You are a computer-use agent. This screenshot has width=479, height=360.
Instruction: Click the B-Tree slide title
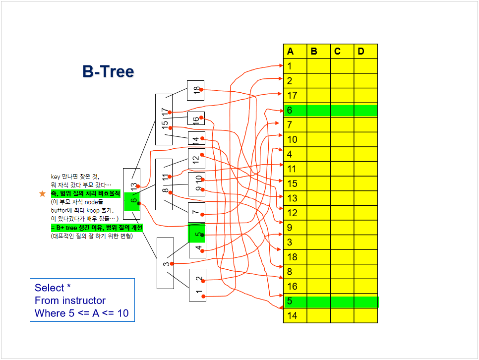[x=108, y=72]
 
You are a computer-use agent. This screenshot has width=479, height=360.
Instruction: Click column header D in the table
[x=360, y=51]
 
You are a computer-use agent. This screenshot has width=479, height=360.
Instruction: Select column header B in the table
[x=314, y=51]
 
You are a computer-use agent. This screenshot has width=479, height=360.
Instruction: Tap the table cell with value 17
[x=295, y=95]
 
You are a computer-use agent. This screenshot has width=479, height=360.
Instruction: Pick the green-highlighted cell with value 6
[x=295, y=110]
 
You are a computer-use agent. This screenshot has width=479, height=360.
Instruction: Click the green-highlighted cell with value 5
[x=295, y=301]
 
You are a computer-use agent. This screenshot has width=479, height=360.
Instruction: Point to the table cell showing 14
[x=295, y=315]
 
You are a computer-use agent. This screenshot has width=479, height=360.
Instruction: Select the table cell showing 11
[x=295, y=169]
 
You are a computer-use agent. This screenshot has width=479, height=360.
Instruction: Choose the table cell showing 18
[x=295, y=257]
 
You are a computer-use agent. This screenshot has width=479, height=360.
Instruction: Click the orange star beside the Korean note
[x=42, y=194]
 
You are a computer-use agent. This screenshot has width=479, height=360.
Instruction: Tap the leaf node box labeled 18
[x=196, y=90]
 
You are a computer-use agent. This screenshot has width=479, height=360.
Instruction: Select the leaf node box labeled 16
[x=196, y=119]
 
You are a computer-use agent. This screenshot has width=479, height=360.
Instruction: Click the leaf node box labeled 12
[x=196, y=159]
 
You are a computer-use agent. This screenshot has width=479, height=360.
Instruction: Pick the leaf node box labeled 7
[x=196, y=212]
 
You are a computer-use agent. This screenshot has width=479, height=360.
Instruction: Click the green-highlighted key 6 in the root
[x=132, y=201]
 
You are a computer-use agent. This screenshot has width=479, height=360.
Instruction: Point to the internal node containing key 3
[x=165, y=263]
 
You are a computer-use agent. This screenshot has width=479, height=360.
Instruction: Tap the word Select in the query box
[x=50, y=288]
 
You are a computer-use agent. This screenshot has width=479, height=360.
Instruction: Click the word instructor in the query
[x=84, y=300]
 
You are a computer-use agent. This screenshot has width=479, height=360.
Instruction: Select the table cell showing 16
[x=295, y=286]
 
